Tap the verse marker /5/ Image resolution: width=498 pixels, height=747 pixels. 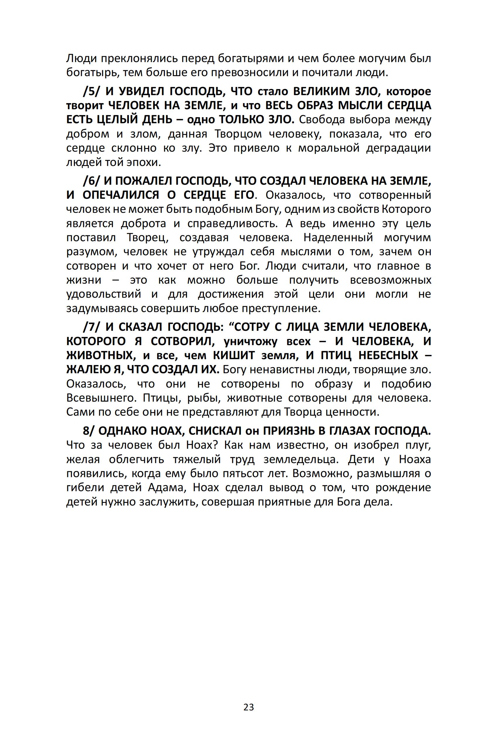click(91, 91)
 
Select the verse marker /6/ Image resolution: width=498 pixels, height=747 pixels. click(91, 181)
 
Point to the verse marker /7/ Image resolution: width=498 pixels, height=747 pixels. click(91, 327)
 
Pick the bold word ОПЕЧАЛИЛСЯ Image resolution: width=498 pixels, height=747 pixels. click(121, 195)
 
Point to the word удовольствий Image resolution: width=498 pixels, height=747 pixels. click(104, 294)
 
